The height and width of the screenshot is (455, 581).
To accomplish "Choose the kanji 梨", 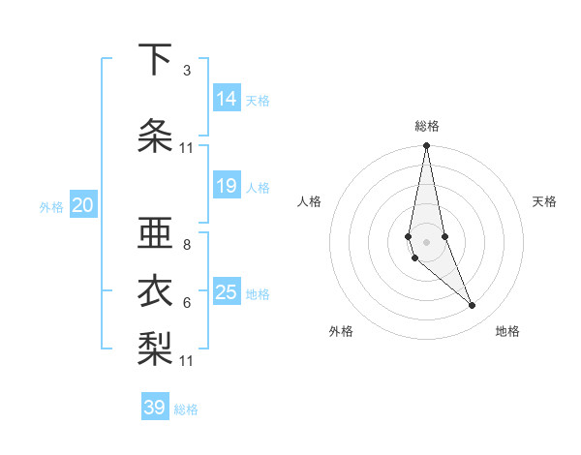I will (x=155, y=347).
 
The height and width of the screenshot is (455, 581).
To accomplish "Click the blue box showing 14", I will (x=227, y=98).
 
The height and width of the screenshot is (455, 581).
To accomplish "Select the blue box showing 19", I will (x=227, y=186).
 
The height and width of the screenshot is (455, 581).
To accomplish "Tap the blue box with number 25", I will (x=227, y=292).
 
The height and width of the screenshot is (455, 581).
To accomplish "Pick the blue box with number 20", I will (x=83, y=205).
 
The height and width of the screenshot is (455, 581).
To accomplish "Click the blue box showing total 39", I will (x=155, y=408).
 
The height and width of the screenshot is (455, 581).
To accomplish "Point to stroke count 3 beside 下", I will (x=187, y=71).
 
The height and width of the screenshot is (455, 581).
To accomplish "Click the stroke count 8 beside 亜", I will (x=187, y=245).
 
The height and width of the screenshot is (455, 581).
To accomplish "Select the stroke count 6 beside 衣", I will (x=187, y=303).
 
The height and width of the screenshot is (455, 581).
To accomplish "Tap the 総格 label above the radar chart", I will (x=427, y=126).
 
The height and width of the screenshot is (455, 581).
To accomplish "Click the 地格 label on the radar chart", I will (x=507, y=331).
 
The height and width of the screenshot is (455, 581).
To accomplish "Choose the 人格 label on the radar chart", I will (x=310, y=201).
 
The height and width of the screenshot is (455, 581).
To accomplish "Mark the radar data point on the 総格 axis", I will (x=426, y=146).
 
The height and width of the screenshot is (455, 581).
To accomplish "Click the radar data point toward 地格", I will (x=473, y=306).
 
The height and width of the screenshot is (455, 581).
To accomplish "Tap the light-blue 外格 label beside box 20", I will (x=50, y=206).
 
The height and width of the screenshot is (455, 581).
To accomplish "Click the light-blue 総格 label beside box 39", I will (x=186, y=409).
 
